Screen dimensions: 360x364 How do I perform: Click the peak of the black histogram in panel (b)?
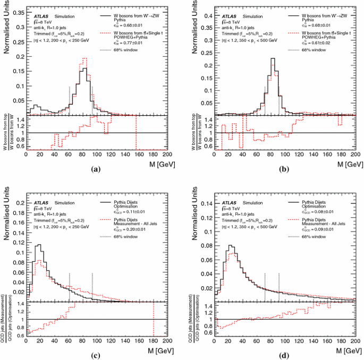(272, 58)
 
